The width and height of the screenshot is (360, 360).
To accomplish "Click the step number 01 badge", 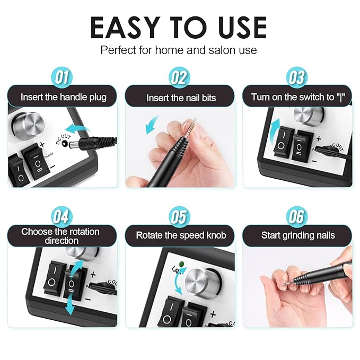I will point(62,77).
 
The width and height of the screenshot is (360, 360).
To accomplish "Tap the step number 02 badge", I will point(179,77).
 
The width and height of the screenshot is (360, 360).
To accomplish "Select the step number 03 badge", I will point(297,77).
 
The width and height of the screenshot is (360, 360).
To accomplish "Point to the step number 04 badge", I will point(62,216).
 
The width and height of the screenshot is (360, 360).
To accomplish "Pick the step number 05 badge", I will point(179,216).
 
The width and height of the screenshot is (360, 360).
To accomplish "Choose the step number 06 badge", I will point(297,216).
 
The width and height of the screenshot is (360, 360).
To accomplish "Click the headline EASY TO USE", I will point(179,28).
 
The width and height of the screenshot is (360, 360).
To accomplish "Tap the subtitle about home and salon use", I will point(179,50).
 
